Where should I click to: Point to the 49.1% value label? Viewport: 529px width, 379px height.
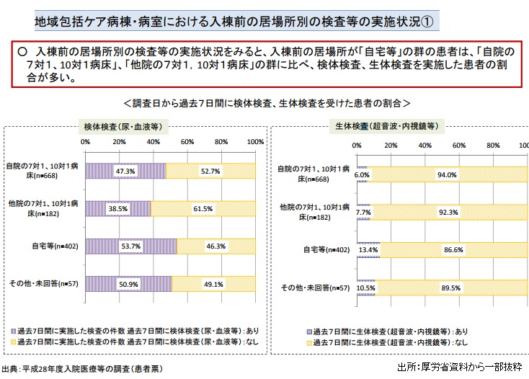pyautogui.click(x=214, y=284)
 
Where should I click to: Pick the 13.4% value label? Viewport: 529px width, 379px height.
pyautogui.click(x=368, y=249)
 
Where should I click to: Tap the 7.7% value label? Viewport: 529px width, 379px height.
pyautogui.click(x=363, y=213)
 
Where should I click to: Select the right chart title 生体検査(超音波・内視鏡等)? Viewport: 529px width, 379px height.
pyautogui.click(x=386, y=125)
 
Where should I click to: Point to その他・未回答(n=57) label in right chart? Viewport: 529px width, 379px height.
pyautogui.click(x=315, y=287)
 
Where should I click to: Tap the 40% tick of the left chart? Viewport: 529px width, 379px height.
pyautogui.click(x=154, y=142)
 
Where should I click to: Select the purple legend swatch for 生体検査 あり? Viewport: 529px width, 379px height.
pyautogui.click(x=308, y=331)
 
